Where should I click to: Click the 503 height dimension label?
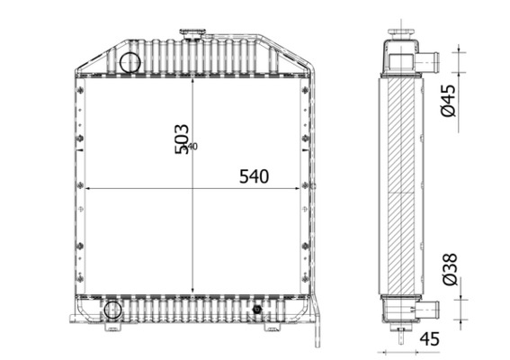point(181,138)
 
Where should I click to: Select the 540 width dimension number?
point(254,176)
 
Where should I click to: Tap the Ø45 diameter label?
point(451,99)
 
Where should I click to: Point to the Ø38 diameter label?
point(451,269)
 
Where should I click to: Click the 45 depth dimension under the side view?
point(429,338)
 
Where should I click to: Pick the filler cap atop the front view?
point(192,35)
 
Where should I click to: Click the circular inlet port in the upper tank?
point(130,62)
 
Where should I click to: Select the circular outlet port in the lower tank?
point(112,310)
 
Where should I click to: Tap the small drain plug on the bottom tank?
point(257,310)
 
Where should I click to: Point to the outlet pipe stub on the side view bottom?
point(426,310)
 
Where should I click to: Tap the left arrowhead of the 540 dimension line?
point(88,188)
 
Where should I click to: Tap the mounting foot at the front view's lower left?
point(76,319)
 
